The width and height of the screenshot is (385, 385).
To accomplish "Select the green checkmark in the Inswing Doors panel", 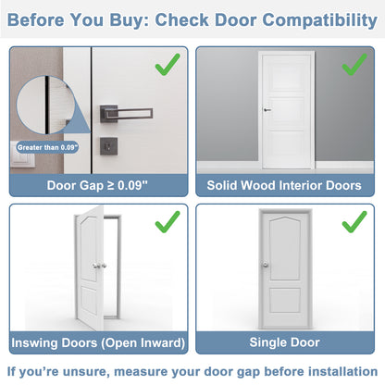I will pos(167,223).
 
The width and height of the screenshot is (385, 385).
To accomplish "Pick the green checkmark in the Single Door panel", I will pos(354,223).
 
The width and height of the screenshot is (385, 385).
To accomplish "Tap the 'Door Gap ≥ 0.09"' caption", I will pos(97,184).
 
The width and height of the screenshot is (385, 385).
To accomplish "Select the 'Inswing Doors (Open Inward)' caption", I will pos(97,342).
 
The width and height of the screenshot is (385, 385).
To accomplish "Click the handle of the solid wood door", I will pos(267,110).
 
